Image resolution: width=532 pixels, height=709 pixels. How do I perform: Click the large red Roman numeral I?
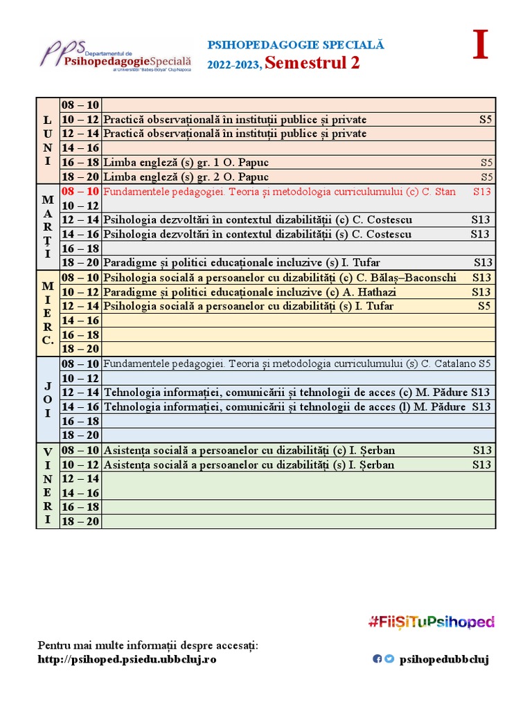pos(480,46)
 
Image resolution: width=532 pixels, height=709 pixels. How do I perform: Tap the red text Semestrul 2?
pos(312,64)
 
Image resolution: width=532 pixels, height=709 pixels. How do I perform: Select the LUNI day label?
pos(48,141)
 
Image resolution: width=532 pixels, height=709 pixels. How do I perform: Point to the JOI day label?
pos(48,400)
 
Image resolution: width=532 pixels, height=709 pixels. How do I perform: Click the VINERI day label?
pos(48,485)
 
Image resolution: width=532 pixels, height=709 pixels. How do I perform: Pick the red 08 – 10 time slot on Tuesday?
pos(80,191)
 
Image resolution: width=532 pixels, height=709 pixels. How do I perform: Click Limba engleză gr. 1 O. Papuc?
pos(186,163)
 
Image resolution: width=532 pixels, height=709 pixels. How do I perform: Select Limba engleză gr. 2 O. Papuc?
pos(186,177)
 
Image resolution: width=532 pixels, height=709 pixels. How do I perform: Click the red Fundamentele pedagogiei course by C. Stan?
pos(279,191)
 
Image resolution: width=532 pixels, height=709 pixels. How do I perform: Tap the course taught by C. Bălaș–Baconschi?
pos(280,278)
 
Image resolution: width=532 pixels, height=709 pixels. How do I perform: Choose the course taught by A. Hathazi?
pos(250,292)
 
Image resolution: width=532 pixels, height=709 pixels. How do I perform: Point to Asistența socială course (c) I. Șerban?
pos(249,450)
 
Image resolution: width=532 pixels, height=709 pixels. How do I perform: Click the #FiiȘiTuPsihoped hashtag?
pos(431,621)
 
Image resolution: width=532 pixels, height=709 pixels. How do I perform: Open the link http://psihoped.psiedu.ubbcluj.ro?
pos(127,659)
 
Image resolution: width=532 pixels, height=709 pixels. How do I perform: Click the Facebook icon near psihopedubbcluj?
pos(378,659)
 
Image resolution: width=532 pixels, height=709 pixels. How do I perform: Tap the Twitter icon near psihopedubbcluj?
pos(389,659)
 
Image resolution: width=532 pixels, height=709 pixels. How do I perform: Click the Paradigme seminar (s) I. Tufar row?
pos(242,263)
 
